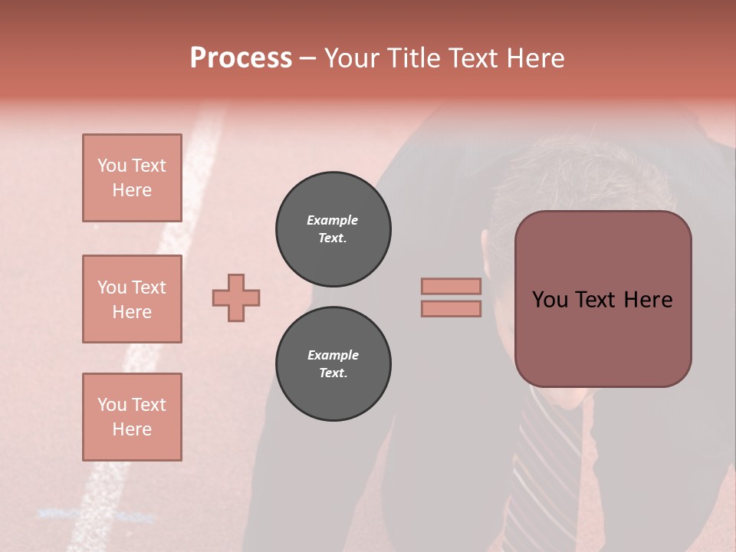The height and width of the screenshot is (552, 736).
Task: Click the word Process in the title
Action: [x=241, y=58]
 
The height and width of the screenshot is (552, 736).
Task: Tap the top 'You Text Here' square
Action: [x=132, y=178]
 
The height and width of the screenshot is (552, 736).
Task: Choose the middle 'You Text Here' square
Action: [x=132, y=299]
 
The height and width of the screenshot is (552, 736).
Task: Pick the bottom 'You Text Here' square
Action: [x=132, y=417]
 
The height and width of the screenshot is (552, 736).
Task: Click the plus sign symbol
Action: [x=236, y=297]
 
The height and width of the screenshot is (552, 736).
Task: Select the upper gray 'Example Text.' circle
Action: [x=333, y=229]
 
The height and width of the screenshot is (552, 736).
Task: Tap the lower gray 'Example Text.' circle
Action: [x=333, y=364]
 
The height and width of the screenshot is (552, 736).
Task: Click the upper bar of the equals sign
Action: [x=451, y=286]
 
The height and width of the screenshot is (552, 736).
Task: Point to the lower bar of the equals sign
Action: [x=451, y=308]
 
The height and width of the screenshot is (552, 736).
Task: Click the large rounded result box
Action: [x=603, y=337]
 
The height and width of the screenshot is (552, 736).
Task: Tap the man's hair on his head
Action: [x=567, y=176]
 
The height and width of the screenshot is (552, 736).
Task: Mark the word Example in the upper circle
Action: [x=333, y=220]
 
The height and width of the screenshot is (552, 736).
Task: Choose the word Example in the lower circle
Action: [x=333, y=355]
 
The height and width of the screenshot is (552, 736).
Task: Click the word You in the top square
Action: [x=111, y=166]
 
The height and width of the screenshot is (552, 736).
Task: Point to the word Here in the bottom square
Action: [x=132, y=429]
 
